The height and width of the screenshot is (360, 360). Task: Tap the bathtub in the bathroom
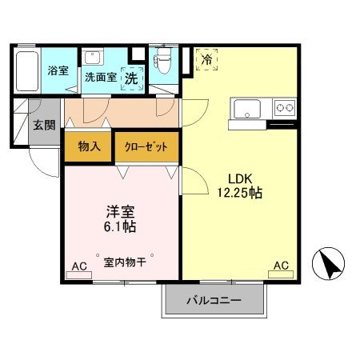(x=29, y=72)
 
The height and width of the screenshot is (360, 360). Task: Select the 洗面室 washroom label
(x=101, y=78)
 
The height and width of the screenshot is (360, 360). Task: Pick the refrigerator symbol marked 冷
(x=206, y=59)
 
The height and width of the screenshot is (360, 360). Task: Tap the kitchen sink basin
(x=243, y=108)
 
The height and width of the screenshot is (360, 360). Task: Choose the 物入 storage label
(x=88, y=146)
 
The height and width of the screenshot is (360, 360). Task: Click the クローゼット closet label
(x=146, y=147)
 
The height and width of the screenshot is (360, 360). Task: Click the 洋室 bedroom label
(x=122, y=212)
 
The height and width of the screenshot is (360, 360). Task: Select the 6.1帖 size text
(x=122, y=227)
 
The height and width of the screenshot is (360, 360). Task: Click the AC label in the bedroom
(x=79, y=266)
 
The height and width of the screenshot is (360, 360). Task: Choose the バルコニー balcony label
(x=214, y=301)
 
